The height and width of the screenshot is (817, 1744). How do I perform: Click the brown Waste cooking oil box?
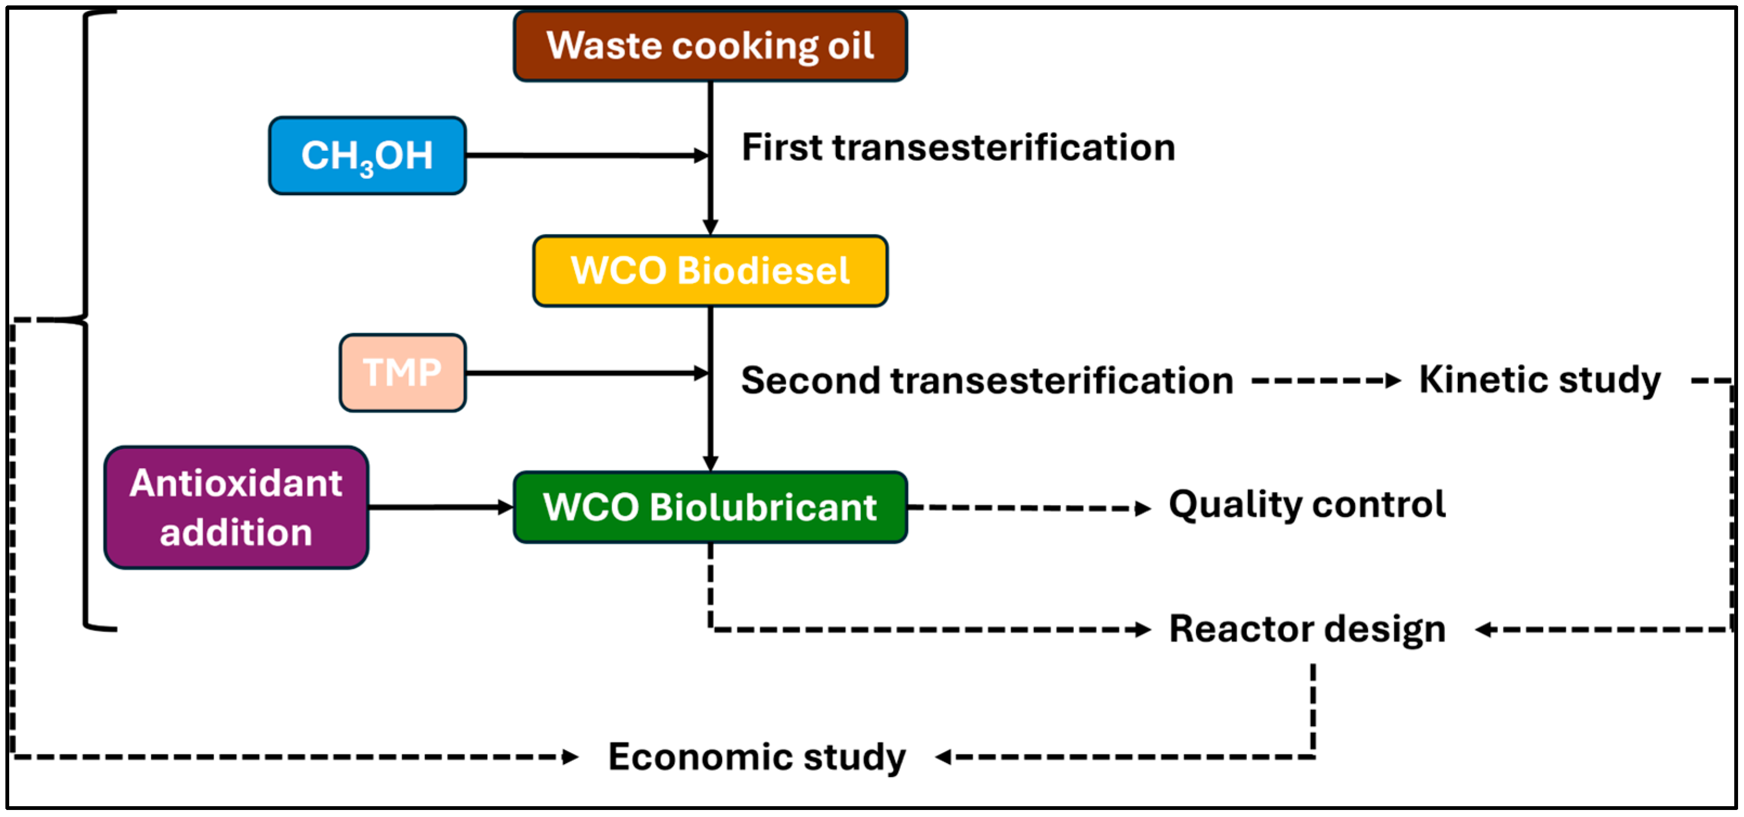[x=709, y=46]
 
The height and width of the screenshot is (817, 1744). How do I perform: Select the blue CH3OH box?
[x=367, y=156]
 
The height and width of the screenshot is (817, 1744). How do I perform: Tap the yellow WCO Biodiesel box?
[x=709, y=271]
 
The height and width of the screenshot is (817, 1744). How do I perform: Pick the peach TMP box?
[x=402, y=373]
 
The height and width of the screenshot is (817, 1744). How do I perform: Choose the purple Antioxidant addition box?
[x=236, y=508]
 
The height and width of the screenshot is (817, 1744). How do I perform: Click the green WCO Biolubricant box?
[x=709, y=508]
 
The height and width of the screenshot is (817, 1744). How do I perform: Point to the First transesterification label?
[x=958, y=148]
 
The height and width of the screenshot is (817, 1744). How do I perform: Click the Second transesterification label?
[x=986, y=381]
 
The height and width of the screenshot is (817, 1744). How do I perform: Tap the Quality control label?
[x=1307, y=505]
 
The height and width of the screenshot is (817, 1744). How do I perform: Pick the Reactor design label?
[x=1307, y=629]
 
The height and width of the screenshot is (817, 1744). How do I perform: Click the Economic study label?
[x=756, y=757]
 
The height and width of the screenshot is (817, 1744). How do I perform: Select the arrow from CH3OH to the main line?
[x=586, y=156]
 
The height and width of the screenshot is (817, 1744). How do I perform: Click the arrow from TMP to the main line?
[x=586, y=373]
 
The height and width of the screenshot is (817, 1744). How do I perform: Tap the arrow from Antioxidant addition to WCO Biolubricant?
[x=440, y=507]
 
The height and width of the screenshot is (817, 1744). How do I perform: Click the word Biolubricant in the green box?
[x=763, y=508]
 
